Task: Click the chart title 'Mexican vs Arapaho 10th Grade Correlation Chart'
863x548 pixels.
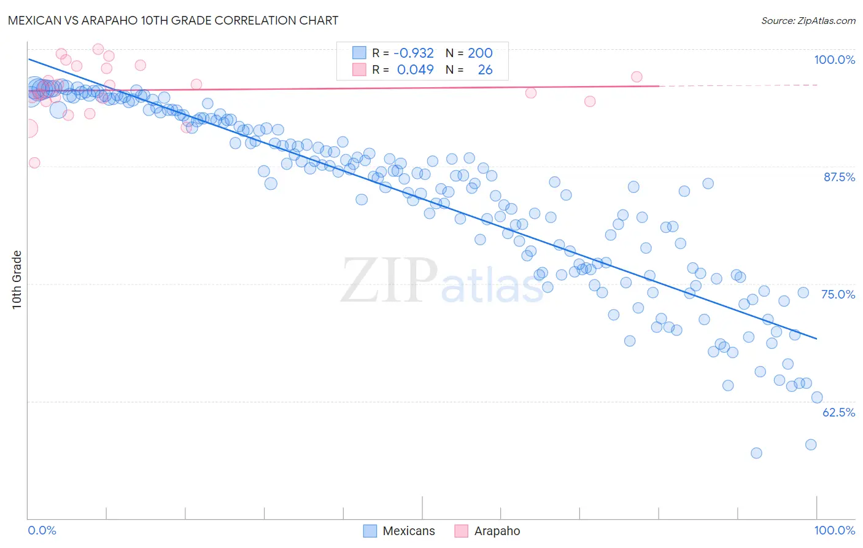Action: (x=173, y=20)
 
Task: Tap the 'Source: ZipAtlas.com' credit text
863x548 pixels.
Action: (x=808, y=21)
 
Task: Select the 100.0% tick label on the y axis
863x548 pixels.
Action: (x=834, y=60)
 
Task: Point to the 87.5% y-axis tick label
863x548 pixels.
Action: (x=838, y=177)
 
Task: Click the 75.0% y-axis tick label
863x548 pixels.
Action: (x=838, y=294)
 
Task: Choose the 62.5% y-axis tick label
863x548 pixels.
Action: (x=838, y=412)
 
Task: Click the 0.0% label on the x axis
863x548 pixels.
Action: (x=42, y=530)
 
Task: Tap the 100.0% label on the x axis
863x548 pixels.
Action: (x=834, y=530)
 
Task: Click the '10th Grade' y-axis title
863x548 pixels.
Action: (x=17, y=280)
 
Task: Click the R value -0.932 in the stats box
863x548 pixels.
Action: (x=414, y=53)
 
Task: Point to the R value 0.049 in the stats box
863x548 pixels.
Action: (x=416, y=70)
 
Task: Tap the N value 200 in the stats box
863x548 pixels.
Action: (x=480, y=53)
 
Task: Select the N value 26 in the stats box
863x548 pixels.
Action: (x=485, y=70)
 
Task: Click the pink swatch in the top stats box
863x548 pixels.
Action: (x=359, y=69)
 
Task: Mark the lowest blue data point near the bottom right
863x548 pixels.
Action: (x=756, y=453)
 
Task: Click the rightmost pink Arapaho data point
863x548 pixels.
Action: (x=637, y=77)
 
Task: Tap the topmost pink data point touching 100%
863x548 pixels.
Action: (x=98, y=49)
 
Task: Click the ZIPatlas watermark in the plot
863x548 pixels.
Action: (x=442, y=281)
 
